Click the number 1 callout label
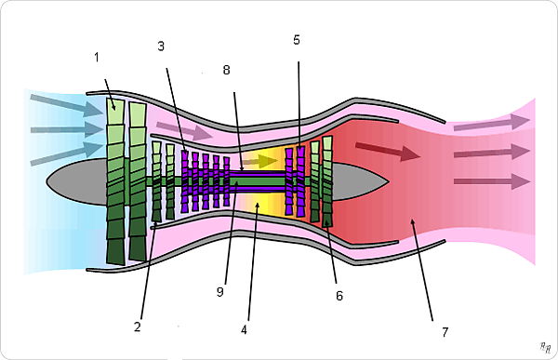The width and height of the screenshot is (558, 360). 97,58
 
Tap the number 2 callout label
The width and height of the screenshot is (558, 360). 138,327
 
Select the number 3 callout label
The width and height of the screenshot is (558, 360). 161,47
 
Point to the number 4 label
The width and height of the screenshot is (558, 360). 244,330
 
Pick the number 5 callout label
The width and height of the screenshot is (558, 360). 297,40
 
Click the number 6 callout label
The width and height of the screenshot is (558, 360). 339,296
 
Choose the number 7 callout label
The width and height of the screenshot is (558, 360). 445,332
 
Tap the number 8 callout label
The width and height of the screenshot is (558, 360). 226,70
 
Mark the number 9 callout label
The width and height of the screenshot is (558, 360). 219,292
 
